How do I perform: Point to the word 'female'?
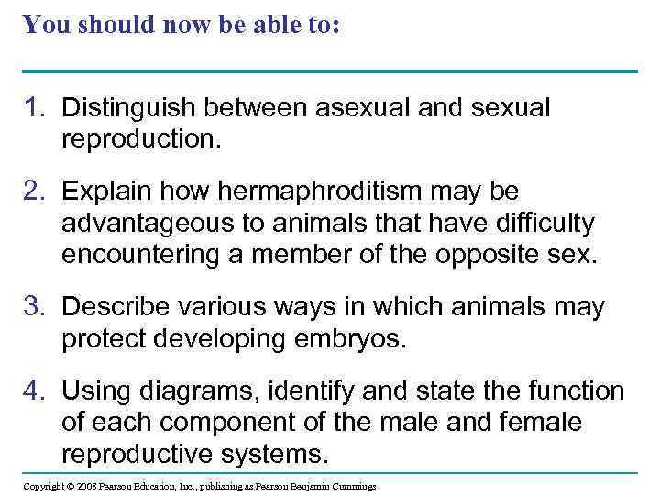pos(555,423)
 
